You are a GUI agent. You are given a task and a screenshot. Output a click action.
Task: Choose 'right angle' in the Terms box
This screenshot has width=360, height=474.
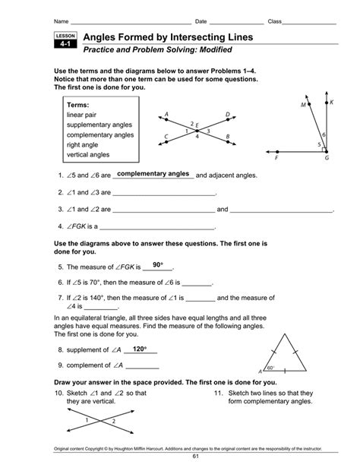[87, 144]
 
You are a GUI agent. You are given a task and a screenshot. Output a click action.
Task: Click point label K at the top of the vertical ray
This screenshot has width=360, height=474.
[332, 102]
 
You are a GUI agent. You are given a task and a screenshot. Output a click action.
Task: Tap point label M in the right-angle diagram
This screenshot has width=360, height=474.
[302, 106]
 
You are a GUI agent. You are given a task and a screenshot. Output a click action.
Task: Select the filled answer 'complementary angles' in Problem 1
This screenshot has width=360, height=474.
[153, 174]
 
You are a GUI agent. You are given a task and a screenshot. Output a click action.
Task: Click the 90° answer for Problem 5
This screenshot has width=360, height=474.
[158, 264]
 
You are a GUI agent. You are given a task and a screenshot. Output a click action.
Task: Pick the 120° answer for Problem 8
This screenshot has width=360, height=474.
[138, 349]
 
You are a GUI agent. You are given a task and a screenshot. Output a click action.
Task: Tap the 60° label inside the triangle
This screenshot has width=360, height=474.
[271, 367]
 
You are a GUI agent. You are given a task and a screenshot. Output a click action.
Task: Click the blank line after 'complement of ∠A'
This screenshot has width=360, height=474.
[137, 367]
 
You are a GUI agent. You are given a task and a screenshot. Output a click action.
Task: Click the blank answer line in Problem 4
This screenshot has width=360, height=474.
[158, 227]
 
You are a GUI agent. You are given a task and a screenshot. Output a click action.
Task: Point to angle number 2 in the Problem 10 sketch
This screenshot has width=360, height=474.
[113, 420]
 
